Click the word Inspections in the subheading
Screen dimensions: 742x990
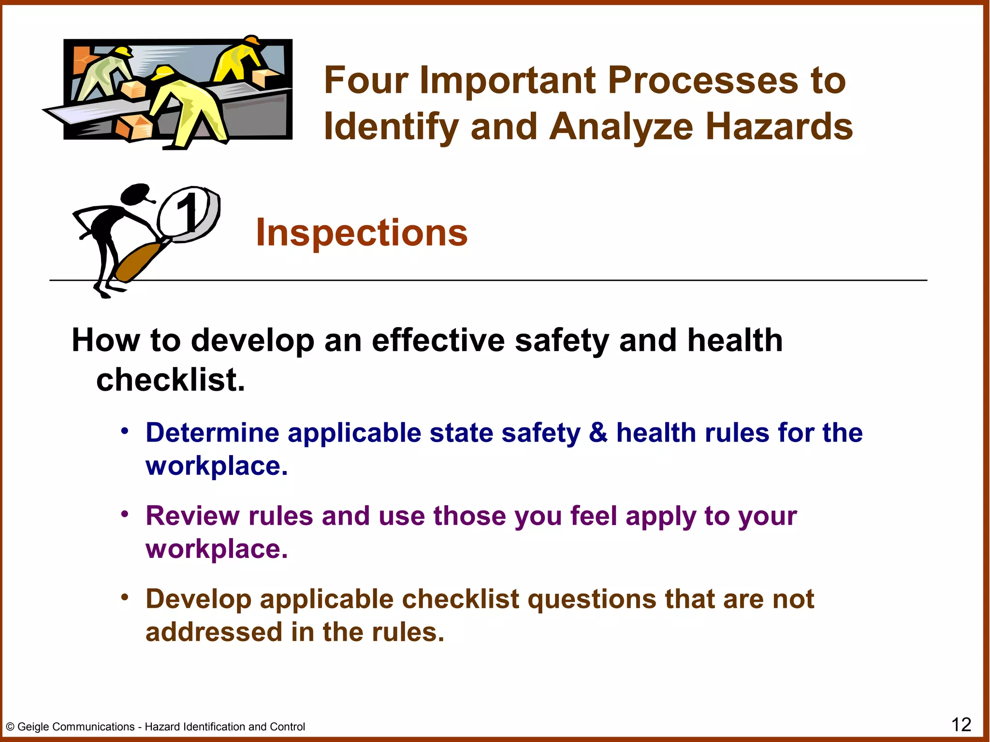pyautogui.click(x=362, y=233)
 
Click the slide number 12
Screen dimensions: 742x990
pyautogui.click(x=961, y=725)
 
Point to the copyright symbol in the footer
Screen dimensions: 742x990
pyautogui.click(x=10, y=727)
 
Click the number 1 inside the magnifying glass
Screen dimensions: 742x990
pyautogui.click(x=188, y=213)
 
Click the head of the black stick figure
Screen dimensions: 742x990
pyautogui.click(x=135, y=194)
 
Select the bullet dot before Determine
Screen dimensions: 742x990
pyautogui.click(x=125, y=430)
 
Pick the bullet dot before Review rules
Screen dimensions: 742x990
pyautogui.click(x=125, y=514)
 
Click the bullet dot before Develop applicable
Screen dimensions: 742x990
pyautogui.click(x=125, y=597)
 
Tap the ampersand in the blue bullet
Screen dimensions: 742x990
pyautogui.click(x=598, y=432)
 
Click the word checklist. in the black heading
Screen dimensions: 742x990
pyautogui.click(x=171, y=380)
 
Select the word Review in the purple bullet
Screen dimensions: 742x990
pyautogui.click(x=192, y=516)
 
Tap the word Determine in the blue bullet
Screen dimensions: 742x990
pyautogui.click(x=212, y=432)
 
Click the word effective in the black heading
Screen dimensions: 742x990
pyautogui.click(x=438, y=341)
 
